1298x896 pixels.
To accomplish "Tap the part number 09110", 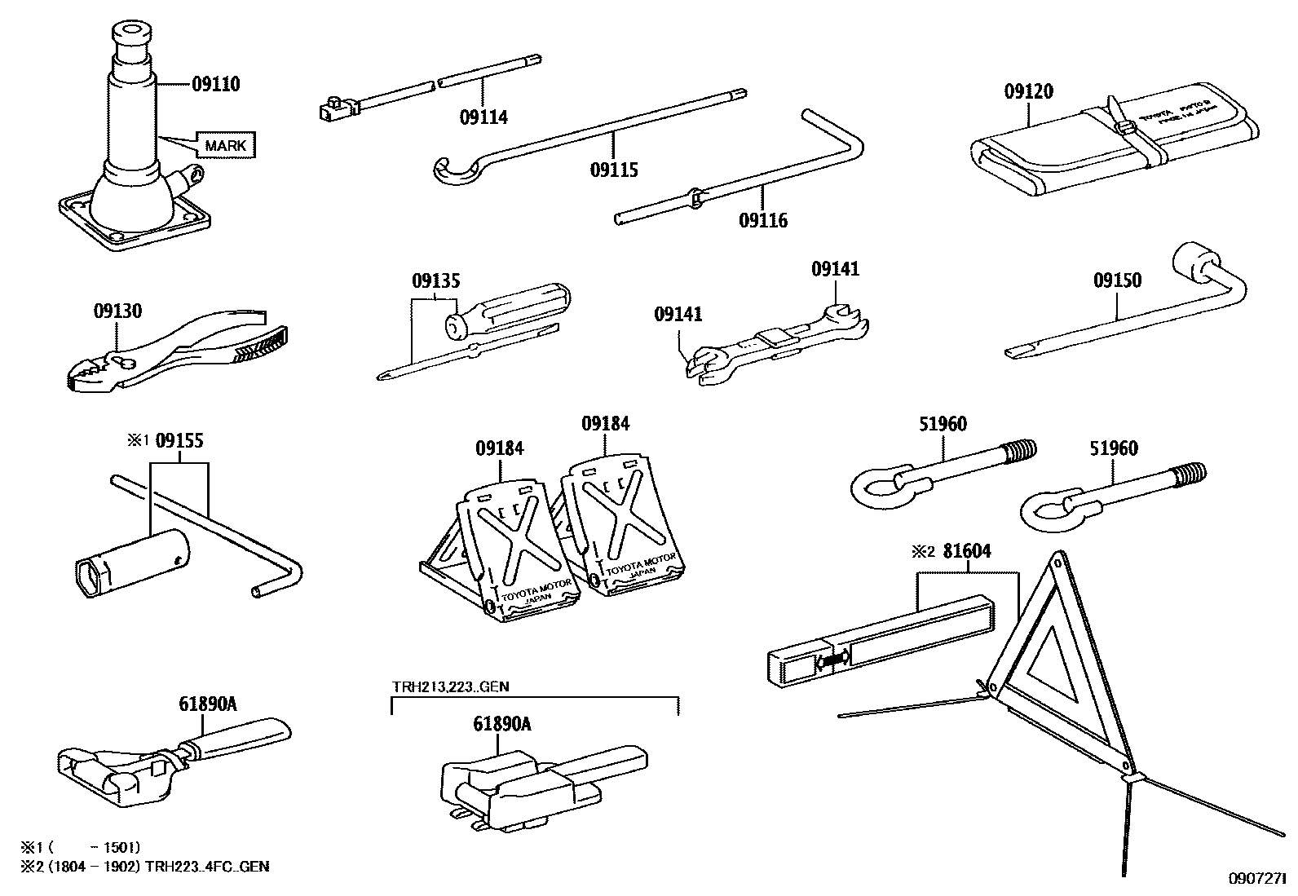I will (x=216, y=84).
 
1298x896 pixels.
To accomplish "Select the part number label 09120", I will (x=1028, y=92).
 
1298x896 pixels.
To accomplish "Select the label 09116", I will (x=763, y=220).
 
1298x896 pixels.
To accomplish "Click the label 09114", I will (x=483, y=117).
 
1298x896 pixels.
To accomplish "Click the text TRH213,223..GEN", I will (x=450, y=686).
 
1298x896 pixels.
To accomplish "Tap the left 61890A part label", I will (x=208, y=704).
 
